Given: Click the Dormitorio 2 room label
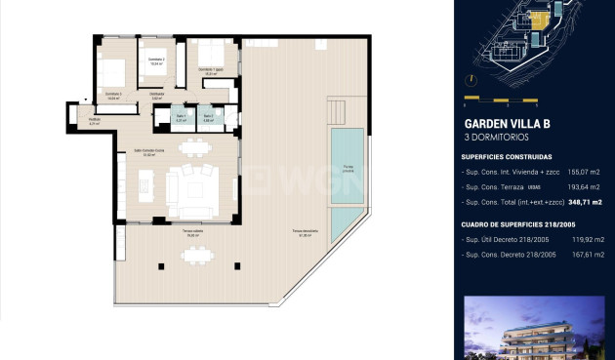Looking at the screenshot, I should [155, 61].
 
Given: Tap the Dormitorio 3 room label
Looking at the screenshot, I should [113, 97].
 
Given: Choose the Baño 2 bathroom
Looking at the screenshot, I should [208, 117].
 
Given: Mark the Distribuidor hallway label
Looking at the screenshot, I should [156, 96].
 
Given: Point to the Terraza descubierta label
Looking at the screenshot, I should [303, 233].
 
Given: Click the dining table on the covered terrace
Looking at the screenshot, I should [198, 256].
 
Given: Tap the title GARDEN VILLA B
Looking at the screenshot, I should [507, 124].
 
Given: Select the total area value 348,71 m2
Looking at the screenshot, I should [586, 201].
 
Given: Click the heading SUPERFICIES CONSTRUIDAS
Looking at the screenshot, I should [507, 156].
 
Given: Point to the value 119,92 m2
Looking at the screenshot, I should [586, 239].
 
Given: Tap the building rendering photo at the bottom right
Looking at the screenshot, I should [535, 329].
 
